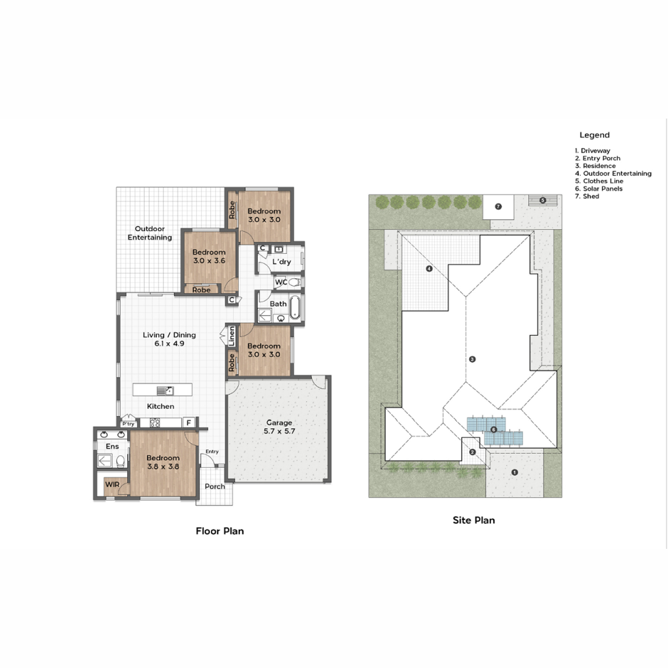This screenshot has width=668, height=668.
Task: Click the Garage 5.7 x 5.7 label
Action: pos(279,427)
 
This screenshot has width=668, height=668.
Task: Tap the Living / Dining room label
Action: pos(169,339)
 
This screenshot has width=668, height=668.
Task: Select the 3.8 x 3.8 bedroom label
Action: pos(163,463)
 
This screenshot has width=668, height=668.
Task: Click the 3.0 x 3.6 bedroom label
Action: pos(209,256)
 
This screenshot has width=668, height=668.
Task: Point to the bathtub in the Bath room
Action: pos(295,308)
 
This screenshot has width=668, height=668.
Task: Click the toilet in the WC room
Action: pos(294,282)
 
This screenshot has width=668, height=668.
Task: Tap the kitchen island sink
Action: pos(165,390)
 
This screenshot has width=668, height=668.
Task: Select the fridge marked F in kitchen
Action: pos(189,423)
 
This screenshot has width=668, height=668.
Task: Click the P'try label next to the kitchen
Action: pos(128,424)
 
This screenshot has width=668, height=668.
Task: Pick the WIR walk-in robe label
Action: pos(112,485)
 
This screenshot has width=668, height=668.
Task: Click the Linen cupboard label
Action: pos(232,336)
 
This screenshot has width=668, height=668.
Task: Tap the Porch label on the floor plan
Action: pos(215,487)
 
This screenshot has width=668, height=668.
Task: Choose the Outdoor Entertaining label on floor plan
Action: pos(150,233)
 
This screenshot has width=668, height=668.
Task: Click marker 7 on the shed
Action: pos(498,207)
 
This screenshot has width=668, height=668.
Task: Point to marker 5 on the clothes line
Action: pos(543,200)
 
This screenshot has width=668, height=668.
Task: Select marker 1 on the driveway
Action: pos(514,473)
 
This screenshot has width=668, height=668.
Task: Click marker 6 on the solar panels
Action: pos(494,430)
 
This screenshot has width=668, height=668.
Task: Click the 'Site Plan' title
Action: pos(474,520)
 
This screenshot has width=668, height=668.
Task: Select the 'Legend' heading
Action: pos(595,135)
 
